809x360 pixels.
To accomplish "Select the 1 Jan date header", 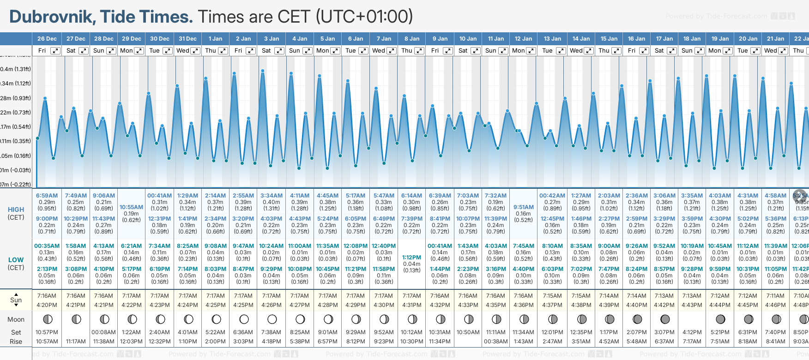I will pos(215,39).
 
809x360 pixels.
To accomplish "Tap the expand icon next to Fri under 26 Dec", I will pos(55,51).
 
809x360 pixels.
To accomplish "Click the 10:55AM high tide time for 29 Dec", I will pos(131,207).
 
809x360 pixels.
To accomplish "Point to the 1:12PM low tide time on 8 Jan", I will pos(411,258).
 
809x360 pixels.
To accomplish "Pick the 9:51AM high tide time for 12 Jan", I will pos(523,207).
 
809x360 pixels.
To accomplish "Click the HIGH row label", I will pos(16,210).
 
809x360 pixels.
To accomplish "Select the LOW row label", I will pos(16,260).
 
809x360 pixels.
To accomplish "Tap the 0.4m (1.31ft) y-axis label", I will pos(16,69).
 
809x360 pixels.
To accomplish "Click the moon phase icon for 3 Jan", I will pos(272,319).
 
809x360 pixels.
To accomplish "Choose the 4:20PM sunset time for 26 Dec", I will pos(47,305).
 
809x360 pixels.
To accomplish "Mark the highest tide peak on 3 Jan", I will pos(263,71).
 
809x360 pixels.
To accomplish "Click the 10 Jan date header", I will pos(468,39).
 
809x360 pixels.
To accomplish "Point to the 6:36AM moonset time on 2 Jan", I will pos(243,332).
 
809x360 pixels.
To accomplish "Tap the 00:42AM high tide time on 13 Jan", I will pos(552,196).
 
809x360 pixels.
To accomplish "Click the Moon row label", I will pos(16,319).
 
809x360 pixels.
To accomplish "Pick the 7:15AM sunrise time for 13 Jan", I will pos(552,296).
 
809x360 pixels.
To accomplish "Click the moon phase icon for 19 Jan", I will pos(720,319).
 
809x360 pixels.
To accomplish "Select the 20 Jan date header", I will pos(748,39).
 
